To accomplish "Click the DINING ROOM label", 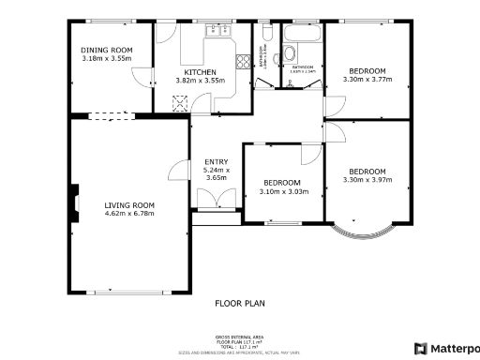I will coord(106,50).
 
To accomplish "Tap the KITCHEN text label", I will coord(200,72).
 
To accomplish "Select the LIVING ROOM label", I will coord(129,204).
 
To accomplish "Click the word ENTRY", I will coord(216,162).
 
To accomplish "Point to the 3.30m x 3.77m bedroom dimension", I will coord(367,80).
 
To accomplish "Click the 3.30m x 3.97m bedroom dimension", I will coord(367,179).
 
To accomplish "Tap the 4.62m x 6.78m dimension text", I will coord(129,214).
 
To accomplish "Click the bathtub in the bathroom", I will coord(305,34).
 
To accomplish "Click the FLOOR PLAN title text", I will coord(240,304).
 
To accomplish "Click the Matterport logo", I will coord(447,348).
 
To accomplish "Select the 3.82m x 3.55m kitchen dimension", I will coord(200,82).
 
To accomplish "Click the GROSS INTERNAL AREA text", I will coord(240,336).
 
